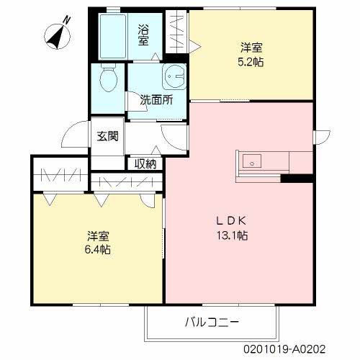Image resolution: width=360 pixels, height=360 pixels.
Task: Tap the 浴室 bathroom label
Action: [x=144, y=34]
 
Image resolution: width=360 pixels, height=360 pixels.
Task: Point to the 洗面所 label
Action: [x=156, y=100]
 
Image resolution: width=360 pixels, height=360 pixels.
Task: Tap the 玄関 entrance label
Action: [x=108, y=135]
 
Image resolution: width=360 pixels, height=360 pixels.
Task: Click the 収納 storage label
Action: [x=145, y=163]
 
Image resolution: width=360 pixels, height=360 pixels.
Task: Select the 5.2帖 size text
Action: [x=251, y=63]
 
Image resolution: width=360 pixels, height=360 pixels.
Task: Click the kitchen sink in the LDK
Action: [x=253, y=161]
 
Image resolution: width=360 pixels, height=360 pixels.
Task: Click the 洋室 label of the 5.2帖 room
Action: [x=251, y=48]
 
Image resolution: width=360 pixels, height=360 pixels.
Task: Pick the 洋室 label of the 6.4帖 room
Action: [x=98, y=235]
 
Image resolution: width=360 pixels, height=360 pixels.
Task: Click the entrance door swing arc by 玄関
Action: [x=75, y=132]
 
